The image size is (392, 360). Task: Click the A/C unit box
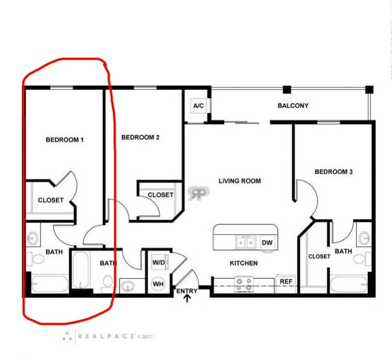point(198,106)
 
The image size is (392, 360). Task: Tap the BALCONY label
point(293,106)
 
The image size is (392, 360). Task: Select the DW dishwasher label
point(267,242)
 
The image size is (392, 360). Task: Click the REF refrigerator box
point(286,282)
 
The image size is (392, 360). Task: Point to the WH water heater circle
point(158,284)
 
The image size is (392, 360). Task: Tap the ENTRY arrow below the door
point(187,298)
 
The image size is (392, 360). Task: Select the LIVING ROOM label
point(240,181)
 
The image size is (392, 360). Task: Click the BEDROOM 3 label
point(334,171)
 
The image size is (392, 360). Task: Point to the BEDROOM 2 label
point(140,137)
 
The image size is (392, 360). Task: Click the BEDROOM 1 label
point(65,140)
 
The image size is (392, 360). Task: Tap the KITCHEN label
point(244,263)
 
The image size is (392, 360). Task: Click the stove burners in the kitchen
point(244,284)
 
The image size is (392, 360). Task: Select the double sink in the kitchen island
point(246,242)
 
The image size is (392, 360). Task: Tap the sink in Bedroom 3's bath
point(364,238)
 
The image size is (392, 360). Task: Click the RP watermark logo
point(199,193)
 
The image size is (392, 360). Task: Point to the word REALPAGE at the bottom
point(106,336)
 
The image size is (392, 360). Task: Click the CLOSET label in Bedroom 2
point(160,195)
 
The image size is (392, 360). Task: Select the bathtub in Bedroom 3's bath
point(349,284)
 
